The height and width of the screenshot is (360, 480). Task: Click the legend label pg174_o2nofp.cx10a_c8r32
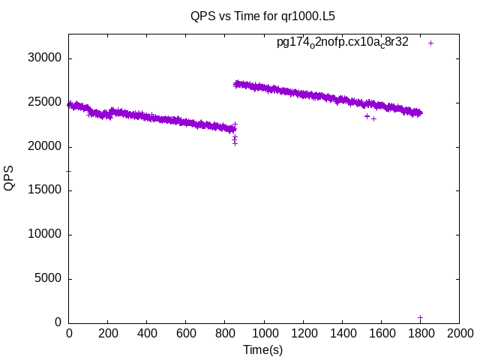[x=343, y=42]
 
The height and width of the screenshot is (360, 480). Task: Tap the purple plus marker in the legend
[x=430, y=43]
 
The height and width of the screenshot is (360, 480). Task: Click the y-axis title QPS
[x=9, y=178]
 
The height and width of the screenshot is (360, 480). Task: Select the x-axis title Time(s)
[x=262, y=349]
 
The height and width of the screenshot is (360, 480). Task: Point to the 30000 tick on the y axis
[x=45, y=58]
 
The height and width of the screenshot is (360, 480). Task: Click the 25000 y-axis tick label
[x=45, y=102]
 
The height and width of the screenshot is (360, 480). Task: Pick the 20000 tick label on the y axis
[x=45, y=146]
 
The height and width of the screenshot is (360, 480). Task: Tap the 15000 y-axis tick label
[x=45, y=190]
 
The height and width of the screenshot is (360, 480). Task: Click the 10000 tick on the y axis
[x=45, y=235]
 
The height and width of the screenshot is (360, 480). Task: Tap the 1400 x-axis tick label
[x=342, y=334]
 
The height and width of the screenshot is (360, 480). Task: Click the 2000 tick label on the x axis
[x=459, y=334]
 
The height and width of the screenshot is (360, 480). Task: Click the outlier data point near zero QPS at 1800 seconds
[x=420, y=318]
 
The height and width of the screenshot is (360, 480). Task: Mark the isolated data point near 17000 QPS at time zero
[x=69, y=171]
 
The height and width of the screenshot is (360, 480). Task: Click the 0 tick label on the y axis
[x=58, y=322]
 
